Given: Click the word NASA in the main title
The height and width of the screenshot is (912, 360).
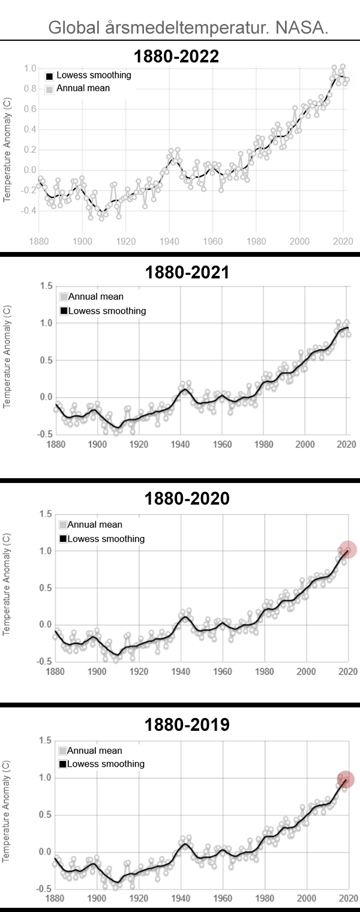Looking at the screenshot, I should pyautogui.click(x=302, y=28).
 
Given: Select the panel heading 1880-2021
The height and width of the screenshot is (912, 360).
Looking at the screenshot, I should pyautogui.click(x=187, y=272).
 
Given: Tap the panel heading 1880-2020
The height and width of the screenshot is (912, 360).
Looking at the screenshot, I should pyautogui.click(x=187, y=499).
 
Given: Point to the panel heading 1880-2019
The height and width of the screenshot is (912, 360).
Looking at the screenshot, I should pyautogui.click(x=187, y=725).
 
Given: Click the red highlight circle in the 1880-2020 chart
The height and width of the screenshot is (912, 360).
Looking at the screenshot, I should pyautogui.click(x=347, y=549).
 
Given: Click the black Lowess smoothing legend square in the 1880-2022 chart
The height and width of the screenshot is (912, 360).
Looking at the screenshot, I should pyautogui.click(x=50, y=76).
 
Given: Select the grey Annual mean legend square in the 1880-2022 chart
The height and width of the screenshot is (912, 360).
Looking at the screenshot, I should pyautogui.click(x=50, y=89).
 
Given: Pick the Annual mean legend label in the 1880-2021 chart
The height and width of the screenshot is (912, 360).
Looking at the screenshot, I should pyautogui.click(x=96, y=296).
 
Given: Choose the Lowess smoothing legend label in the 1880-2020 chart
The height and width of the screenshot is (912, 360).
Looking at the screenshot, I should pyautogui.click(x=106, y=539).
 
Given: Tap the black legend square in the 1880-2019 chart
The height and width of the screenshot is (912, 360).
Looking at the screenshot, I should pyautogui.click(x=62, y=764).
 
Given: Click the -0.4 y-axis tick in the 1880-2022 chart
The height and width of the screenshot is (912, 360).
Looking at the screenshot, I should pyautogui.click(x=29, y=211).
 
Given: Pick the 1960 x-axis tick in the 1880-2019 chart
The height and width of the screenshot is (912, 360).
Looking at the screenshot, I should pyautogui.click(x=223, y=899).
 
